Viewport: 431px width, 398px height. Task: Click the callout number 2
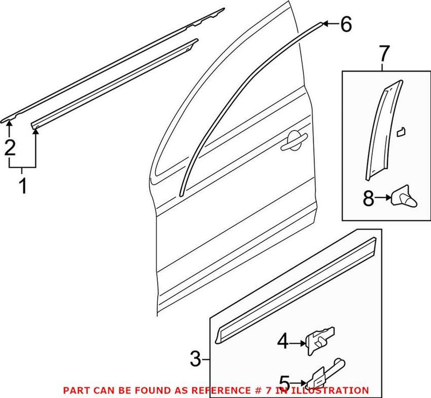[10, 147]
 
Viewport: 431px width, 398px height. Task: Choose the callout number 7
[383, 54]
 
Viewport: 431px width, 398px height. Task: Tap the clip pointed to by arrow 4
[318, 339]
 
